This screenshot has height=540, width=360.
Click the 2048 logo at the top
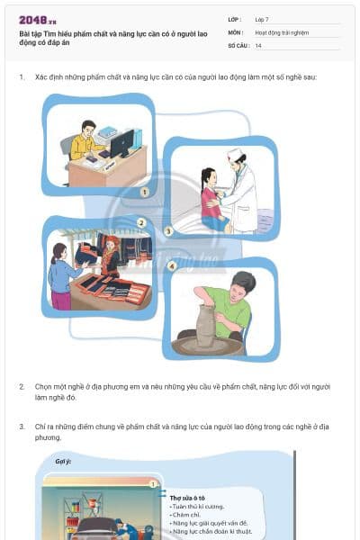tap(35, 19)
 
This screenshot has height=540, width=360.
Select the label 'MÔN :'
tap(236, 31)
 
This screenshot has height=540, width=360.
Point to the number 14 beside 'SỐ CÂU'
tap(259, 45)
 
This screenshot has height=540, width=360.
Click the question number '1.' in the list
tap(22, 77)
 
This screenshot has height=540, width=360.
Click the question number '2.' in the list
tap(22, 386)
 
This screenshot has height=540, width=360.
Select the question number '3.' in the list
tap(22, 426)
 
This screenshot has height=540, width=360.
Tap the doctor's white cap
tap(235, 154)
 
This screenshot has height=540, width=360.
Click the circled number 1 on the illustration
tap(144, 192)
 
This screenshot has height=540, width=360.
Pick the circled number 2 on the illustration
tap(141, 222)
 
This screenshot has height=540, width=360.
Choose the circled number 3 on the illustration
tap(168, 231)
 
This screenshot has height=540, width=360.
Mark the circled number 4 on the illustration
tap(172, 265)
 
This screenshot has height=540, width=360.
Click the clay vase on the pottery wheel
tap(206, 325)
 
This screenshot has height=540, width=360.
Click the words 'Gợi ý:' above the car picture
tap(64, 461)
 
